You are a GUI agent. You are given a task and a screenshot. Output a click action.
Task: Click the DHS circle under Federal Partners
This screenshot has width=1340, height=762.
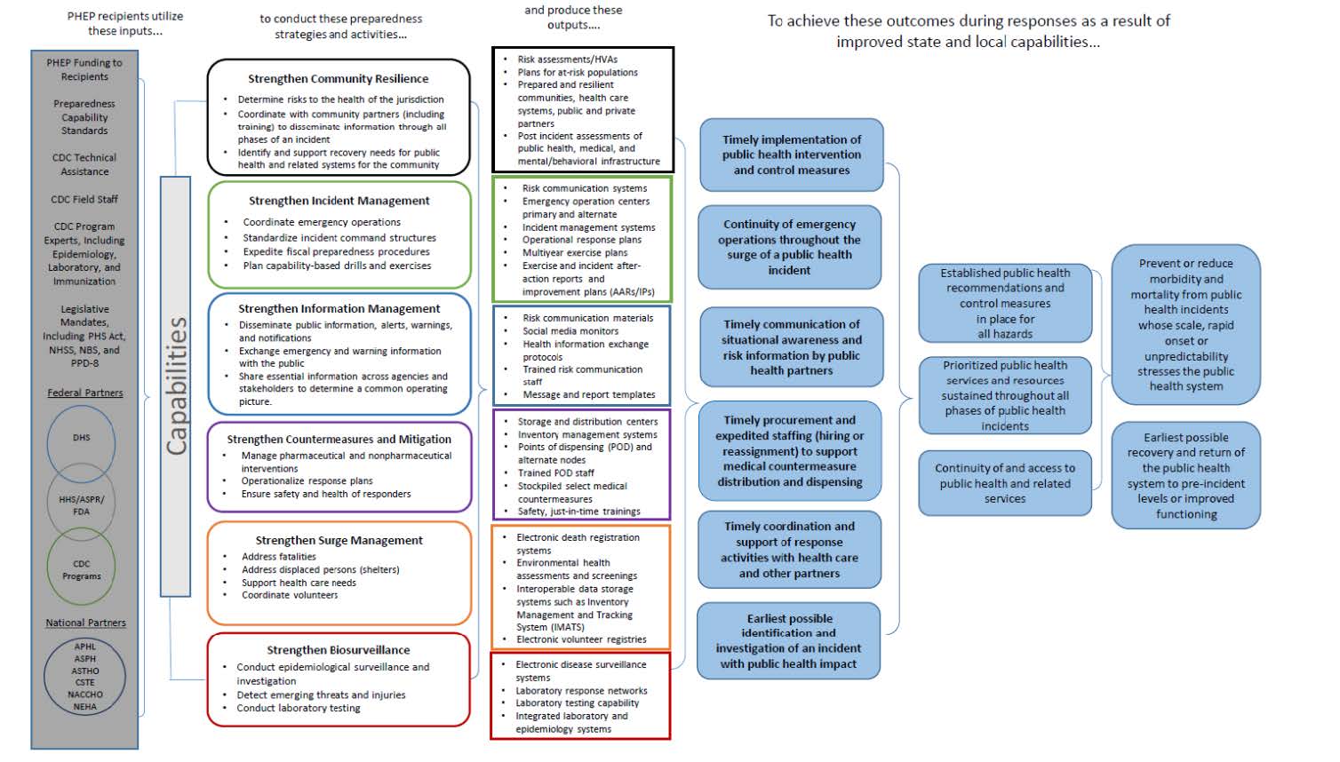81,438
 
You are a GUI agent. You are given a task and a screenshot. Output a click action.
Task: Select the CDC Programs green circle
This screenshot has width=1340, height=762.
81,569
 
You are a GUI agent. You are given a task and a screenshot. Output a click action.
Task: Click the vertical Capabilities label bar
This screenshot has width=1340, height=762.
176,386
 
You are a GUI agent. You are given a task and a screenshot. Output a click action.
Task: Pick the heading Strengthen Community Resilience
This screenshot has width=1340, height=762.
338,79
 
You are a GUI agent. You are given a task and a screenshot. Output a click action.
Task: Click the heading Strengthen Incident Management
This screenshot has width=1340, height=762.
339,201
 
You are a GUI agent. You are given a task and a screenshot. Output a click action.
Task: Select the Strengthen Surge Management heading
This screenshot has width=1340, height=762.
339,540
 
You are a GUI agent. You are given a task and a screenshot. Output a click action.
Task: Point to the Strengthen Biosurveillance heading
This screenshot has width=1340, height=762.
339,650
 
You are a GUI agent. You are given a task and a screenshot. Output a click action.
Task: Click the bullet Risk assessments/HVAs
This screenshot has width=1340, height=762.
567,60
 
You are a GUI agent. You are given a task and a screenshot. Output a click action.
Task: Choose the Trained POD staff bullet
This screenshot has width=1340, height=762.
556,473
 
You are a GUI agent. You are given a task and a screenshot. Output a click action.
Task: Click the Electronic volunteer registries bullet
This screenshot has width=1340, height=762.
581,639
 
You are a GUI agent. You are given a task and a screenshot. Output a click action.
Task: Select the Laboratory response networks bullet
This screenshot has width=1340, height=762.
581,691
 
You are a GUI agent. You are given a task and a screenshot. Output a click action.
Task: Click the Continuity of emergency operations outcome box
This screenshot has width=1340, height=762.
790,248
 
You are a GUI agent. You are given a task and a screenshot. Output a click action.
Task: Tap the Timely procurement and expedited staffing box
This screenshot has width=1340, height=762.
790,451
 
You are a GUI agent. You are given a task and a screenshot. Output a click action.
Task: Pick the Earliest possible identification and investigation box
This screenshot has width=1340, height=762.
789,641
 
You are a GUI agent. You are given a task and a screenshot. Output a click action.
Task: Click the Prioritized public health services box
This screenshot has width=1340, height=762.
1005,395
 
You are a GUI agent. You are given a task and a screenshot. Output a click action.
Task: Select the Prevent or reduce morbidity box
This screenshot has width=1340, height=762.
1185,325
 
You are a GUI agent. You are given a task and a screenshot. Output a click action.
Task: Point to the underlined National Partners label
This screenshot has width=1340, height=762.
85,623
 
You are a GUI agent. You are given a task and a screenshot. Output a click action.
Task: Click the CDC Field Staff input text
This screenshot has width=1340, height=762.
84,200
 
